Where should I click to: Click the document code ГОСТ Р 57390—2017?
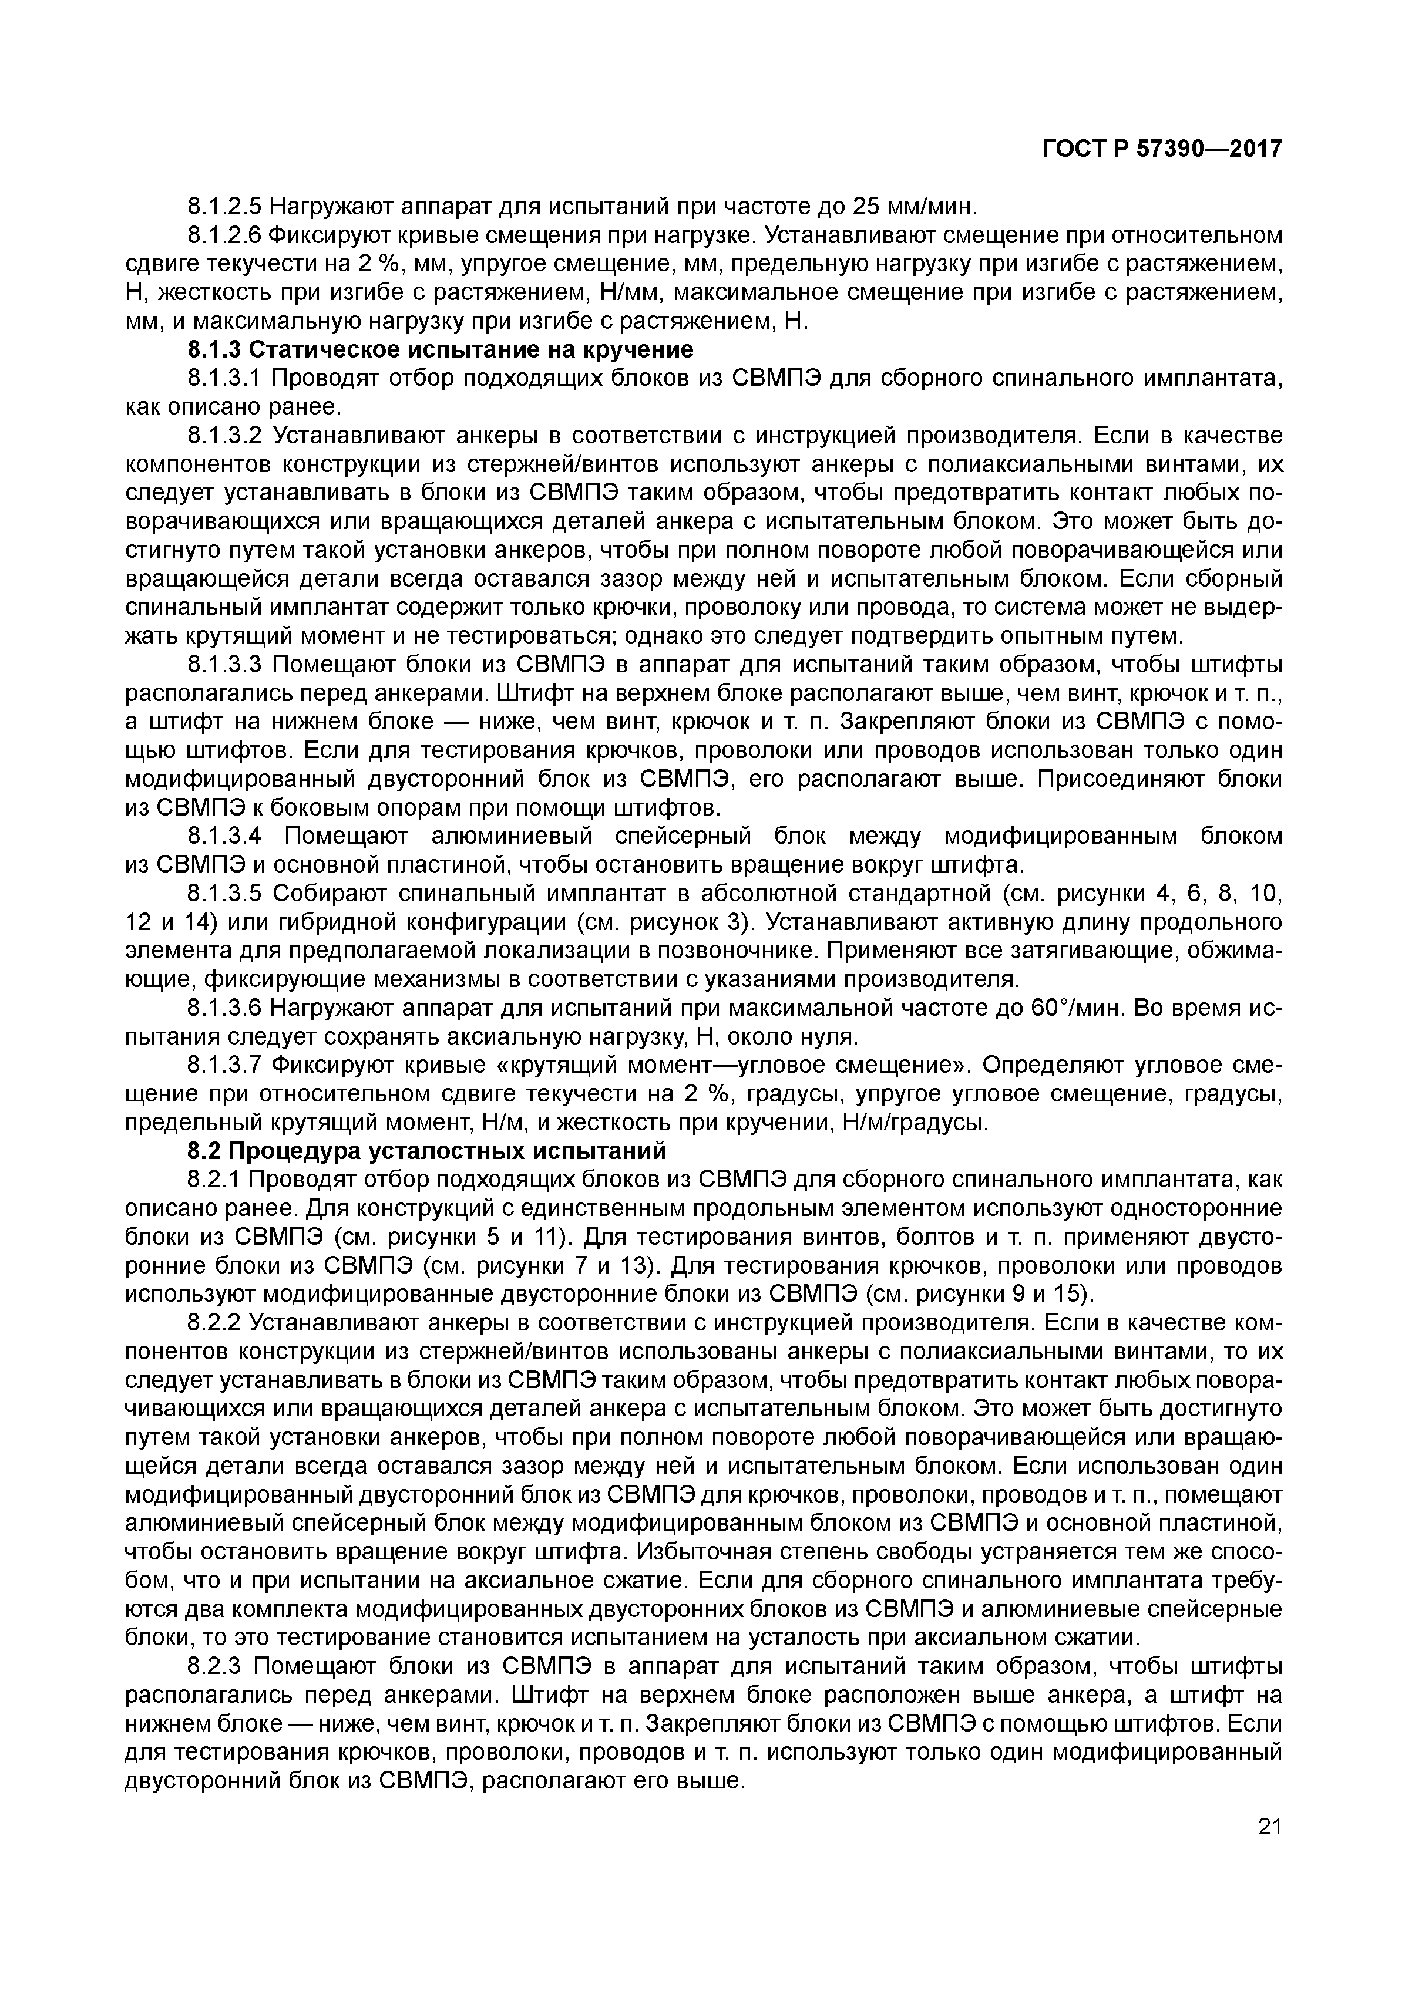1162,150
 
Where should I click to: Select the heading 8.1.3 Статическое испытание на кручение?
440,349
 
